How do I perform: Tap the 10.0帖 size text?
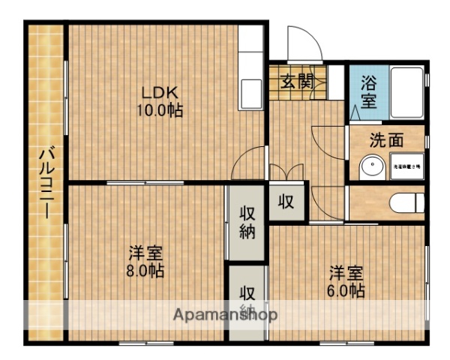160,109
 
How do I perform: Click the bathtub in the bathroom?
405,91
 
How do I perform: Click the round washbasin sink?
369,166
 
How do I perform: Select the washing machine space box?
406,166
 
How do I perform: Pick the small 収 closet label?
286,201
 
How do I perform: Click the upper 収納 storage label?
247,221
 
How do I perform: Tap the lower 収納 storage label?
247,300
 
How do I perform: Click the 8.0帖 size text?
146,270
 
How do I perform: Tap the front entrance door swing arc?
304,41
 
